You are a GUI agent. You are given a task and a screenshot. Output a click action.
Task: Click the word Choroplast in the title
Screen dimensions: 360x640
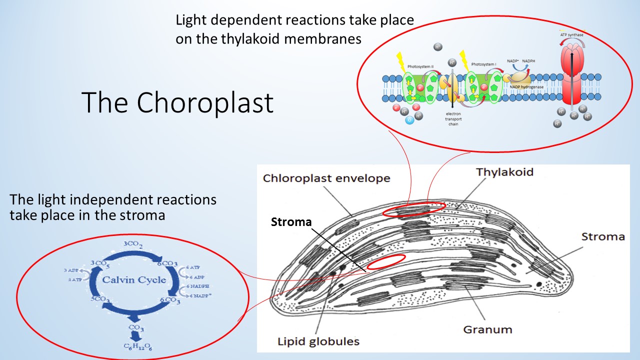205,102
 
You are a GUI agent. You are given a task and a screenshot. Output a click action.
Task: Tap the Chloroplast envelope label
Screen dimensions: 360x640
326,178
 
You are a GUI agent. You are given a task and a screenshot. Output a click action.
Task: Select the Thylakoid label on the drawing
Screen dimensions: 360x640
504,172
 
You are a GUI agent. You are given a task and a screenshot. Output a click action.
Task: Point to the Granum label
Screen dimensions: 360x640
487,329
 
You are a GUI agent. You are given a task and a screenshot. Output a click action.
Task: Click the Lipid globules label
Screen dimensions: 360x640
318,342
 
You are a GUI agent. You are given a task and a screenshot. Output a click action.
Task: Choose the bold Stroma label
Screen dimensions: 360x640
291,221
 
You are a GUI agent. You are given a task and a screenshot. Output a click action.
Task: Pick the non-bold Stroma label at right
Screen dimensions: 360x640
603,236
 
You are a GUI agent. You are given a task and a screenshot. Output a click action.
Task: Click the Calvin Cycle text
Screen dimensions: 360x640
134,280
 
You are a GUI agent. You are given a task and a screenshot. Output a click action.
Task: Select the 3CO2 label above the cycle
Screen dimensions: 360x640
133,244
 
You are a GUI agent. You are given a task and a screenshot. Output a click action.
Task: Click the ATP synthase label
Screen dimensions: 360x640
571,35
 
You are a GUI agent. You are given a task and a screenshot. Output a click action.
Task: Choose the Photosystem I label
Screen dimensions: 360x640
483,64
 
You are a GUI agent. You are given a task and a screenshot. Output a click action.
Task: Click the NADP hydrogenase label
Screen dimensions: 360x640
527,86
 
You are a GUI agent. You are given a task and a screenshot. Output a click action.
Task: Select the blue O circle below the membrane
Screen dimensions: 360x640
410,120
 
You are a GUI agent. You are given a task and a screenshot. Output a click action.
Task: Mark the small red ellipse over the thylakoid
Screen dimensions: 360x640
414,209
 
